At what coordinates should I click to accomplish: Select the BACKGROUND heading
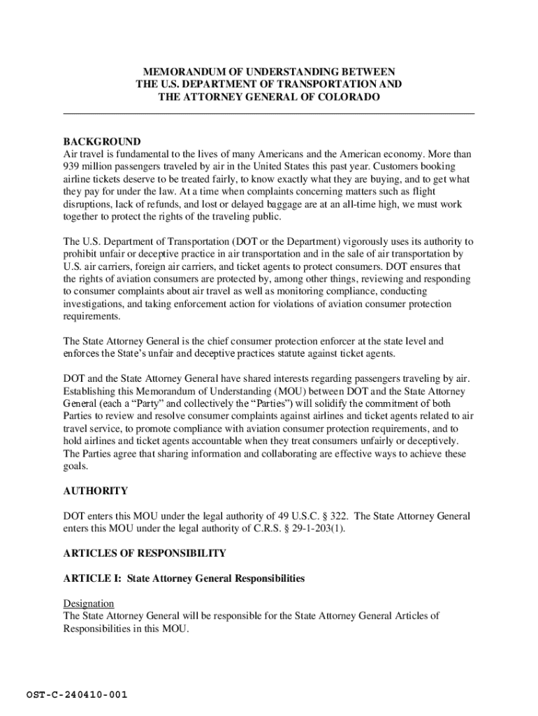point(102,141)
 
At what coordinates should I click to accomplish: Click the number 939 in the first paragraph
point(72,166)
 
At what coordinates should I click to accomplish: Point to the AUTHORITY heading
point(96,491)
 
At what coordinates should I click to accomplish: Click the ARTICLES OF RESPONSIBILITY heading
point(145,553)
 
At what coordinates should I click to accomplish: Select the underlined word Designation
point(89,603)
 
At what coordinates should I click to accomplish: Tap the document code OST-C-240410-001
point(77,695)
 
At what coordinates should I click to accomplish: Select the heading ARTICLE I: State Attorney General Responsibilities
point(184,578)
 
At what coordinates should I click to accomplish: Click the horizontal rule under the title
point(269,113)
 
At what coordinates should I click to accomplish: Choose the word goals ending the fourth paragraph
point(75,467)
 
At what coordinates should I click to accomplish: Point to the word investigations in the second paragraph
point(92,304)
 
